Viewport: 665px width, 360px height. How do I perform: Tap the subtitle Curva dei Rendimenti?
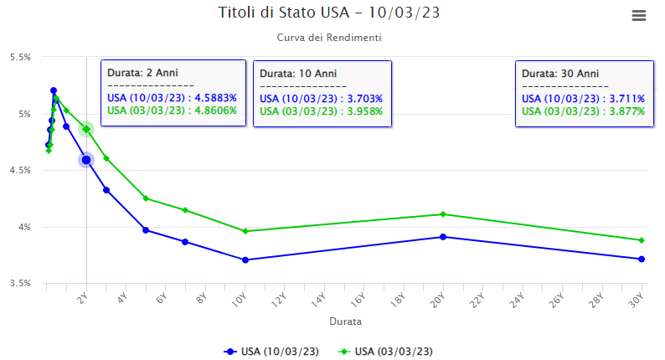(329, 38)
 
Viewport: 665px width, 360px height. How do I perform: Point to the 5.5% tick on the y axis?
(20, 57)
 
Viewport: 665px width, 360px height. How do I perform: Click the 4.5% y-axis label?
(20, 170)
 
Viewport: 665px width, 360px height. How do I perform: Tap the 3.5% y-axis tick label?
(20, 283)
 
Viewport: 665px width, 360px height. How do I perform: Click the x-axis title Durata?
(344, 320)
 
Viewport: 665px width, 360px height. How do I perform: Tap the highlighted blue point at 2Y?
(86, 160)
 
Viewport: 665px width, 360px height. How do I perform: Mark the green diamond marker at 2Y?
(86, 129)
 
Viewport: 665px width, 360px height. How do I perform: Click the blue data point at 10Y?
(245, 260)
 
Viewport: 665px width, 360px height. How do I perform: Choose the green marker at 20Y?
(443, 214)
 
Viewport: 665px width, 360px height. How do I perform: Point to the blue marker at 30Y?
(642, 259)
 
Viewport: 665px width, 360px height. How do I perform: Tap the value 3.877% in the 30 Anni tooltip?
(621, 111)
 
